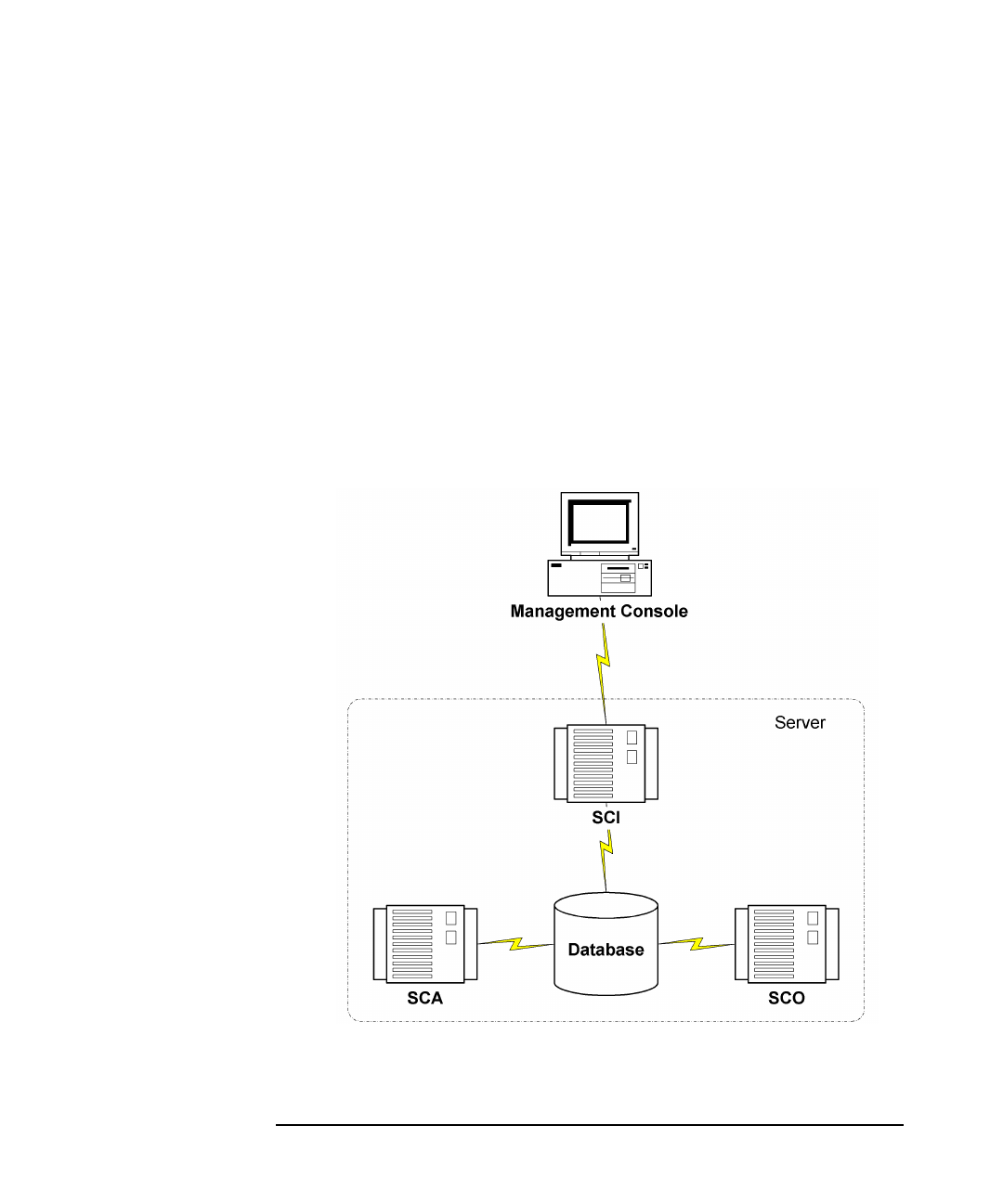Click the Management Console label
pos(599,612)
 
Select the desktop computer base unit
pos(599,577)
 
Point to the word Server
pos(800,723)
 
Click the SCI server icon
pos(606,764)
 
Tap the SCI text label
pos(606,819)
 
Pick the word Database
pos(606,951)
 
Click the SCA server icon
pos(424,944)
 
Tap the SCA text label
pos(425,1000)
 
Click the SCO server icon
pos(786,944)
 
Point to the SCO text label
pos(787,1000)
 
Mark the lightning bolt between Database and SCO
pos(696,946)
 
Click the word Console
pos(654,612)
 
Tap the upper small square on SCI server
pos(632,738)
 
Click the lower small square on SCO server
pos(813,938)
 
